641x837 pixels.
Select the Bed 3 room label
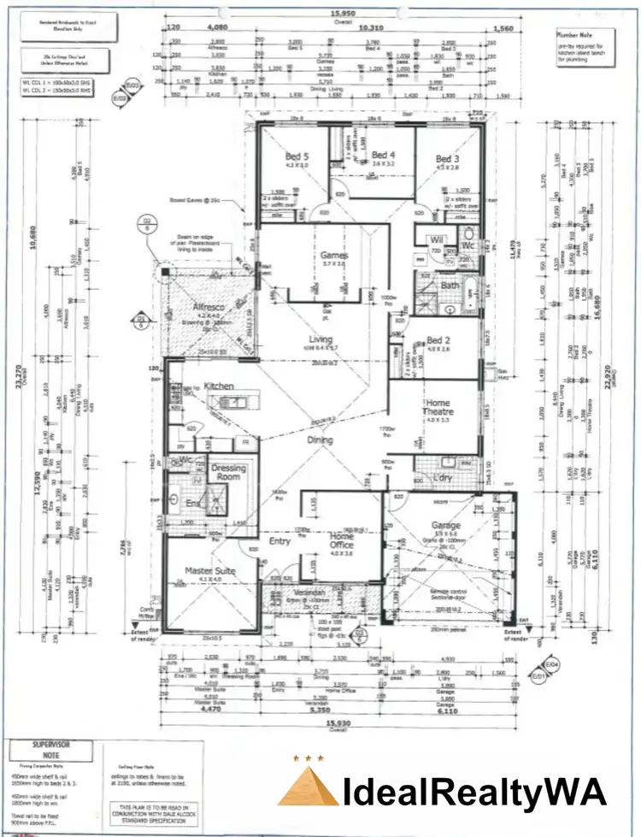[x=448, y=159]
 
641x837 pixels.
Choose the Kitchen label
[x=219, y=386]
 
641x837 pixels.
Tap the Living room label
[x=320, y=339]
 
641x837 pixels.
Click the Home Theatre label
[x=438, y=407]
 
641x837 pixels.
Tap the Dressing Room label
[x=228, y=473]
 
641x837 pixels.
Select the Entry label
[x=279, y=540]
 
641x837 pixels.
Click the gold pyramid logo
[x=307, y=787]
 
